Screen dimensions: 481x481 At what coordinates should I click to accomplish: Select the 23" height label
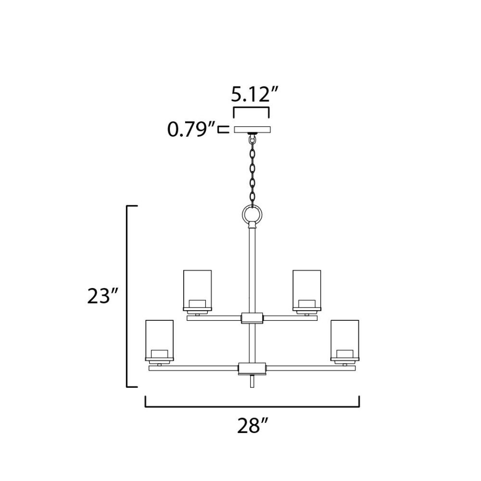[102, 296]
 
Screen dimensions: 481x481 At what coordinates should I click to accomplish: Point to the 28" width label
[253, 426]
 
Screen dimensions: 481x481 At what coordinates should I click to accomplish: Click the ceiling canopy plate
[252, 129]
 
